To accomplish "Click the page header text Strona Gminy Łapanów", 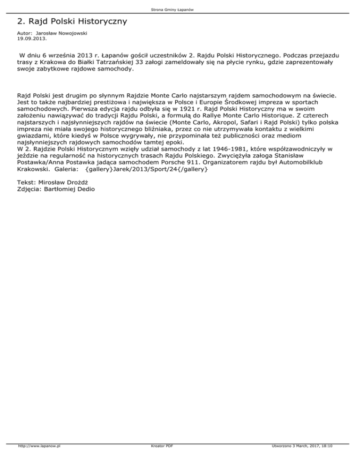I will tap(180, 9).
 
